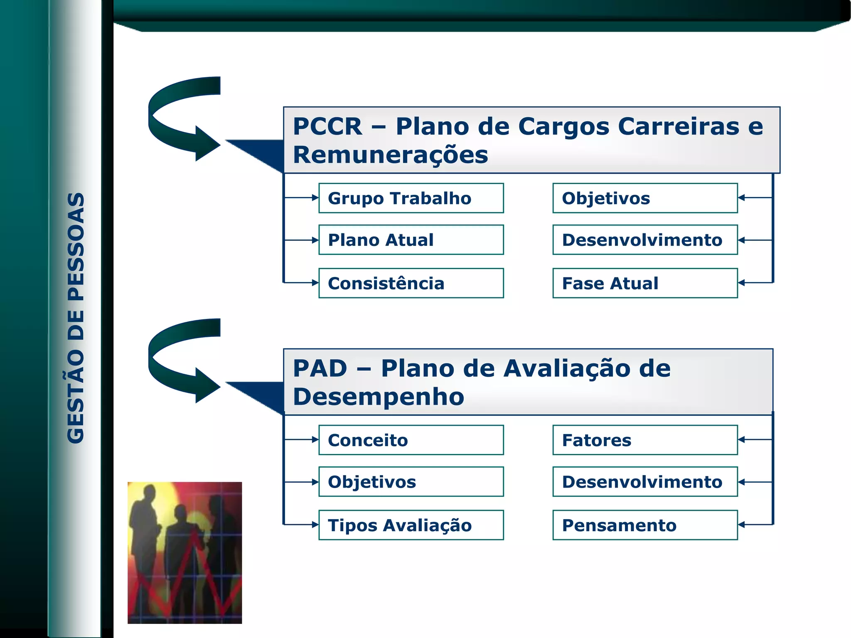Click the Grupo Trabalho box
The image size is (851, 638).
[411, 198]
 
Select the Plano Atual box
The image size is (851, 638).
[411, 240]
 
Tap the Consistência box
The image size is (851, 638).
[411, 283]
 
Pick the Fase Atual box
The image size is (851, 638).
[645, 283]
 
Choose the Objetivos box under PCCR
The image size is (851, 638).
[645, 198]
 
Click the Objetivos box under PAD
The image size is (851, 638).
[411, 482]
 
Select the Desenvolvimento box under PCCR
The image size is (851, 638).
[645, 240]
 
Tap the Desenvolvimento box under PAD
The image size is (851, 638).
[645, 482]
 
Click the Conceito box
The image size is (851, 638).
[411, 440]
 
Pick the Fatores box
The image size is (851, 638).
[645, 440]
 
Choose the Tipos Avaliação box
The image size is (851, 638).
[411, 525]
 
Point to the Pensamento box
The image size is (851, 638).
[645, 525]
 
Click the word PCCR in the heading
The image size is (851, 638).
[327, 126]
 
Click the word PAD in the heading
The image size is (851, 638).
[320, 368]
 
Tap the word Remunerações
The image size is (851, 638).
[390, 155]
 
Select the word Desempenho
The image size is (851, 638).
[378, 397]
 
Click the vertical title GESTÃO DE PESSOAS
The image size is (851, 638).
[76, 318]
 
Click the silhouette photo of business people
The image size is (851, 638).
[184, 552]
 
